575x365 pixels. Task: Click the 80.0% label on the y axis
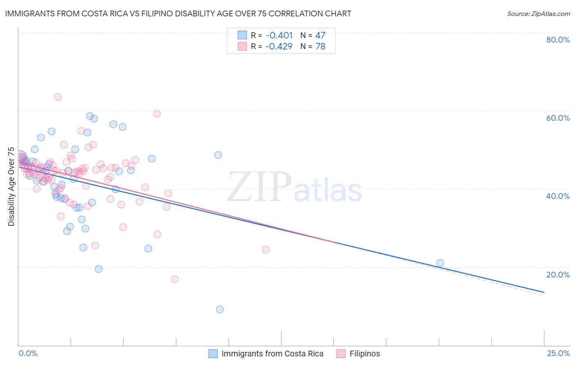pyautogui.click(x=558, y=40)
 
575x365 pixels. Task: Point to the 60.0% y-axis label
pyautogui.click(x=558, y=118)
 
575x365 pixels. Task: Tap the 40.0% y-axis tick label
pyautogui.click(x=558, y=196)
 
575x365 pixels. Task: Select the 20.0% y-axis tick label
pyautogui.click(x=558, y=275)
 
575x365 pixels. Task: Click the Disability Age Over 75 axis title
pyautogui.click(x=11, y=187)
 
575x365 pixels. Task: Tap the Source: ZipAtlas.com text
pyautogui.click(x=538, y=14)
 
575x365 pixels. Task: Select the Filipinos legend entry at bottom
pyautogui.click(x=364, y=354)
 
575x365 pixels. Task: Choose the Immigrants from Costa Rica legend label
pyautogui.click(x=272, y=354)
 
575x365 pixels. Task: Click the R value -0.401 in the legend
pyautogui.click(x=279, y=36)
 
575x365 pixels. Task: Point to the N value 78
pyautogui.click(x=320, y=47)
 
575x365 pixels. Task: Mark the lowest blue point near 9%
pyautogui.click(x=220, y=309)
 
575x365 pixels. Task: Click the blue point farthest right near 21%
pyautogui.click(x=440, y=263)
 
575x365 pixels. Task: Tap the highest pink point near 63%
pyautogui.click(x=58, y=97)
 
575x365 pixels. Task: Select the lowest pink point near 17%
pyautogui.click(x=175, y=279)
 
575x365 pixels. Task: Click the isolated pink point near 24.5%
pyautogui.click(x=266, y=250)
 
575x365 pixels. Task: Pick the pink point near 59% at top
pyautogui.click(x=157, y=113)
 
